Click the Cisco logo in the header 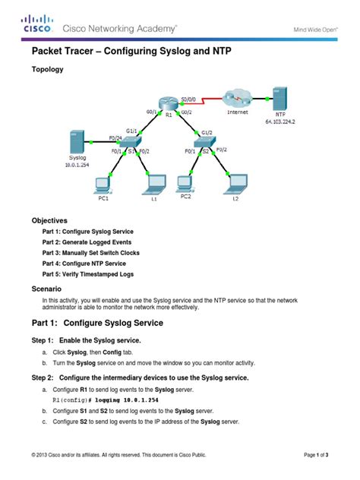36,24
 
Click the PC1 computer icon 102,184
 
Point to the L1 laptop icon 154,184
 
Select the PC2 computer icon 185,183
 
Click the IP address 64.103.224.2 279,120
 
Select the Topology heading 47,68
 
